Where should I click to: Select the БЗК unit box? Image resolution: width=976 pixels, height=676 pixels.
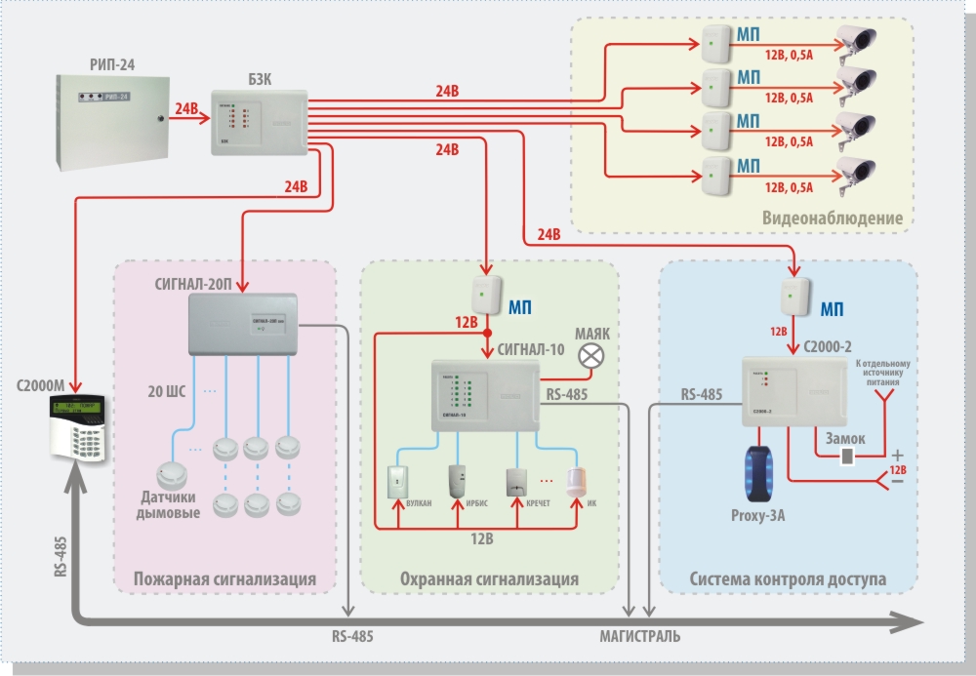(259, 125)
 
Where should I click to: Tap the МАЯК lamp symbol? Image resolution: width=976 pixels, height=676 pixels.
(591, 359)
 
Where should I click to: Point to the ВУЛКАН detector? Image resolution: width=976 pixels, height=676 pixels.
(399, 481)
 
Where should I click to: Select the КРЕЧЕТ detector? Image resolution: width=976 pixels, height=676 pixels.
(518, 482)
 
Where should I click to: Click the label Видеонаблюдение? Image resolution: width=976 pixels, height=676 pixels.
(833, 219)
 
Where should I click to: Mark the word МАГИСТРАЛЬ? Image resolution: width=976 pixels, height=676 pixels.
(640, 636)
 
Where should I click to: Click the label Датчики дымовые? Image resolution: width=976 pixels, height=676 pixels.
(168, 505)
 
